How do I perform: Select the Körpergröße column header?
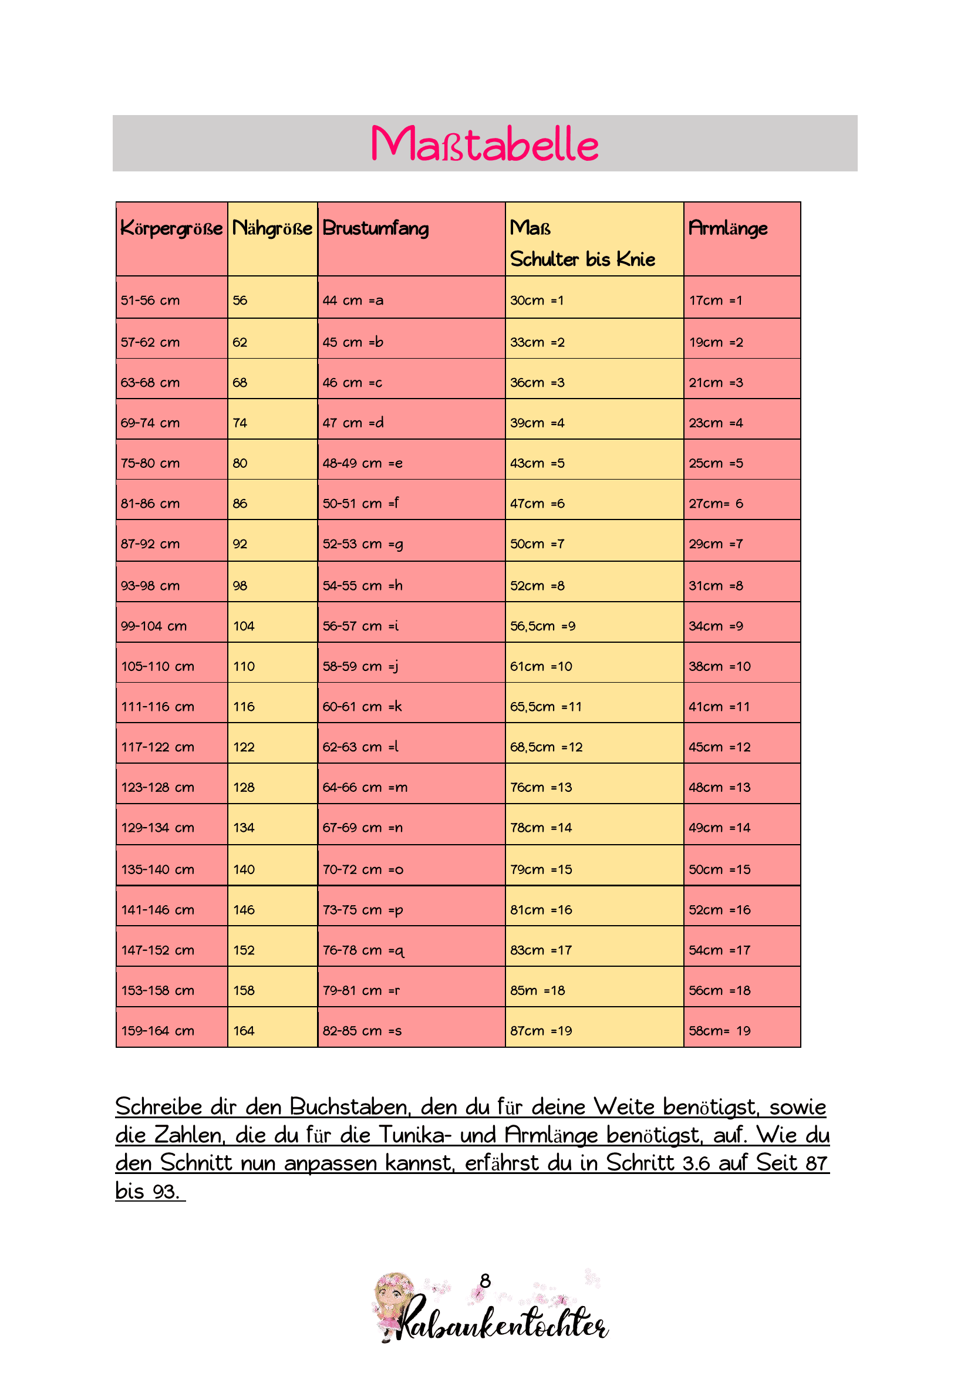(171, 228)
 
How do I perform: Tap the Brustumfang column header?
(376, 228)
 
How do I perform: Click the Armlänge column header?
(727, 228)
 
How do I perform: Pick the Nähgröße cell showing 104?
(244, 626)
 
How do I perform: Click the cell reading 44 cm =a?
(353, 300)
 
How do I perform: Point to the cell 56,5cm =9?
(542, 626)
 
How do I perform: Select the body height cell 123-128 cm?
(158, 788)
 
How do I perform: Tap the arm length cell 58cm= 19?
(719, 1031)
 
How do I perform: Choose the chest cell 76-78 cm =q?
(363, 950)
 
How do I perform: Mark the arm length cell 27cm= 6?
(716, 504)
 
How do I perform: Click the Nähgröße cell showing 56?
(240, 300)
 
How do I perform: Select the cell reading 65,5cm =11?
(545, 707)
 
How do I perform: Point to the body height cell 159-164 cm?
(158, 1031)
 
